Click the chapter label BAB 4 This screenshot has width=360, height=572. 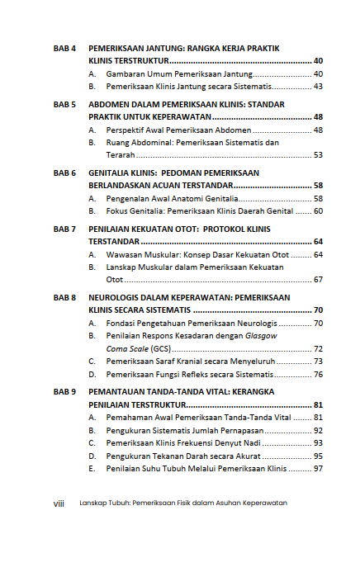64,49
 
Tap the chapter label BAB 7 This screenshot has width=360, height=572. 64,228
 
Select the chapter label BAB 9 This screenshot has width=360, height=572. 64,391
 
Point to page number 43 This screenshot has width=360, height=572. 318,86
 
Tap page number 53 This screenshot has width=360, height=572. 318,154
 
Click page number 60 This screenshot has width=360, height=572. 318,211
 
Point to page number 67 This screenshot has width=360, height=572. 318,280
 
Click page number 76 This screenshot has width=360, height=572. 318,375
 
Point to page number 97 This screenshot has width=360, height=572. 318,468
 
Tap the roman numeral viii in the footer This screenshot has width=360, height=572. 59,503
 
